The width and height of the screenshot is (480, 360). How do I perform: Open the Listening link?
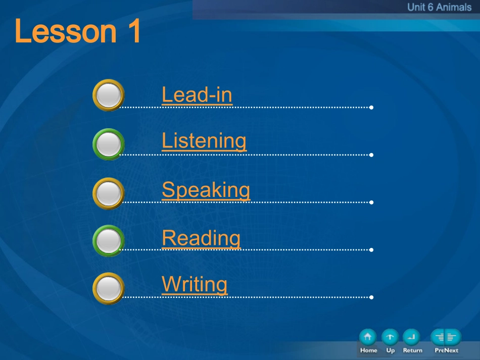[204, 141]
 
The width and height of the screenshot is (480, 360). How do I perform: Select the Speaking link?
[206, 190]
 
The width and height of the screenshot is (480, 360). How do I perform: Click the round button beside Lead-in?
[108, 95]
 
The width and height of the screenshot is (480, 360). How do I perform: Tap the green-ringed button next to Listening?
[108, 144]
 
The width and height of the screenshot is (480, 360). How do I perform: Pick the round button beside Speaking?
[108, 193]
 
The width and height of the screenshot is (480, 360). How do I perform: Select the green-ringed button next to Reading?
[108, 241]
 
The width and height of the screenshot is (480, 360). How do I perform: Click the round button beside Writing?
[108, 288]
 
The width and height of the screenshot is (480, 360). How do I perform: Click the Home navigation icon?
[368, 337]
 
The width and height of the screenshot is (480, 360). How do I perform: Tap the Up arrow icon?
[390, 337]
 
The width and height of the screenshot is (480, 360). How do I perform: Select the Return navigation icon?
[411, 337]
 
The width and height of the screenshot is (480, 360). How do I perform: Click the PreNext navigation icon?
[446, 337]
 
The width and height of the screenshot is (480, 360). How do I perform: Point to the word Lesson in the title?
[66, 31]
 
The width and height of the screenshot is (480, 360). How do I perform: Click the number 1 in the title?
[134, 31]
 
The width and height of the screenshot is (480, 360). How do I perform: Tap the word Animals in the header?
[454, 7]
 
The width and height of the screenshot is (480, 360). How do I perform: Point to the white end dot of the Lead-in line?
[371, 108]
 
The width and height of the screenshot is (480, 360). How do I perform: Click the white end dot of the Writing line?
[371, 297]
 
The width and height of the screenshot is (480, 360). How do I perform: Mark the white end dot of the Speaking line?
[371, 202]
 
